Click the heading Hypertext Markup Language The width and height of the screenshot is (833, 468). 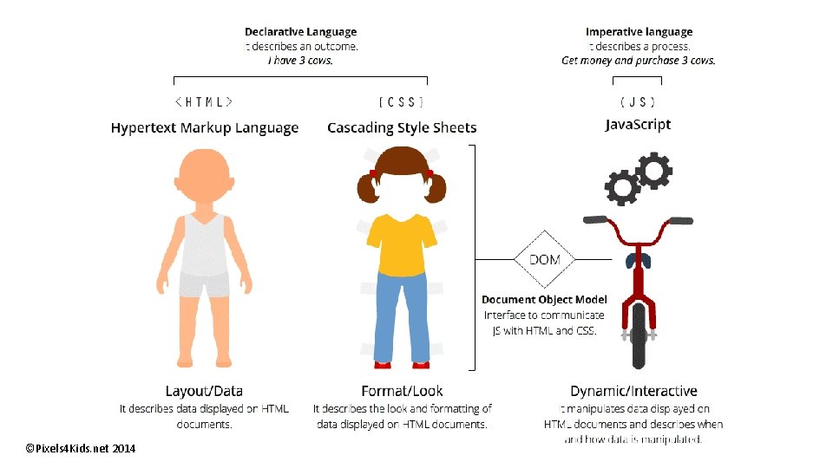(x=205, y=128)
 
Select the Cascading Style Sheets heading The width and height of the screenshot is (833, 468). (x=402, y=128)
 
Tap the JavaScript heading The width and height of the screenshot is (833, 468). (x=638, y=125)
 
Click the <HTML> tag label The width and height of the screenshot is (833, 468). (x=204, y=101)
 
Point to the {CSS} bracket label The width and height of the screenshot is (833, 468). (x=402, y=101)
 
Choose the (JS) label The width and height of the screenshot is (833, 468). (x=638, y=101)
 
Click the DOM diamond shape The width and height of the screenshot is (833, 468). (x=544, y=259)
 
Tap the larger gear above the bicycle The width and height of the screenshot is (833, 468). (x=653, y=170)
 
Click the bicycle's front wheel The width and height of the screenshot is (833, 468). (x=640, y=333)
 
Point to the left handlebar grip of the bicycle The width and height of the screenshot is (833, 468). (x=594, y=220)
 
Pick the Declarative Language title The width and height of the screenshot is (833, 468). (x=300, y=33)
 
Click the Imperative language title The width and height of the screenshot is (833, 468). (x=639, y=33)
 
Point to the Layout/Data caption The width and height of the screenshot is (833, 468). (x=204, y=392)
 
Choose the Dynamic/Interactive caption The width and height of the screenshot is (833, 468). (x=633, y=392)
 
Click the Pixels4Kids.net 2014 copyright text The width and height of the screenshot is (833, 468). (x=81, y=448)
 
